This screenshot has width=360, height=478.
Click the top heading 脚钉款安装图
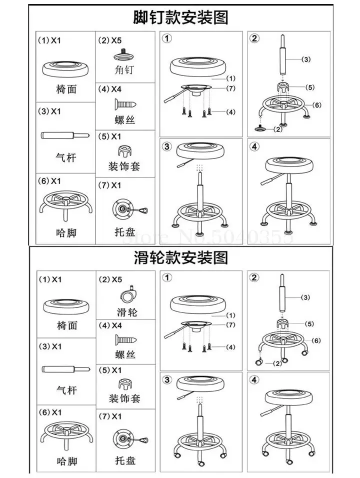pyautogui.click(x=180, y=17)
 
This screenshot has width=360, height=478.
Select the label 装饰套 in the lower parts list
pyautogui.click(x=124, y=398)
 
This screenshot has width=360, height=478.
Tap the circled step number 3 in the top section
pyautogui.click(x=167, y=146)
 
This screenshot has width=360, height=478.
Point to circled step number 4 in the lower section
pyautogui.click(x=255, y=380)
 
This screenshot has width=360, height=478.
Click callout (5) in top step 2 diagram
pyautogui.click(x=310, y=87)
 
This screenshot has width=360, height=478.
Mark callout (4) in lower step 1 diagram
pyautogui.click(x=230, y=347)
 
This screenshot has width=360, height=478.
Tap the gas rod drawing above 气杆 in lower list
pyautogui.click(x=65, y=369)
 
